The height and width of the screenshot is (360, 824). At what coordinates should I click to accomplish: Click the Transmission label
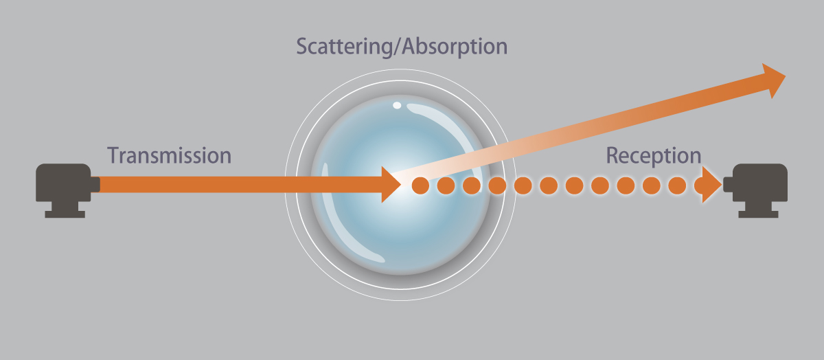tap(169, 155)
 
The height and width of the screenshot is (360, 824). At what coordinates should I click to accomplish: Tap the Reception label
tap(654, 157)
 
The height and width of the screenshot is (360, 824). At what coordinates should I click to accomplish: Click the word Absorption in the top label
tap(455, 47)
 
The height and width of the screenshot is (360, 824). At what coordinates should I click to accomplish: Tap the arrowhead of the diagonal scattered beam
tap(772, 80)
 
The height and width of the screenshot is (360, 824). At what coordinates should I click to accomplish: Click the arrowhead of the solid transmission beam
tap(391, 184)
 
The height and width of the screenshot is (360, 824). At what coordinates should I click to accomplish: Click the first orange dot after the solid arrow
tap(420, 185)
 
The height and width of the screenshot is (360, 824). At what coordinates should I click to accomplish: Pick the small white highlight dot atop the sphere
tap(397, 105)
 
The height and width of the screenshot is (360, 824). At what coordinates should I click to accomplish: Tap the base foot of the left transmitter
tap(65, 214)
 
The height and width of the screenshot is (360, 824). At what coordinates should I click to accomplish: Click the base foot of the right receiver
tap(759, 214)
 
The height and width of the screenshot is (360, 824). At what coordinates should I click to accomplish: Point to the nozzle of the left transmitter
tap(95, 184)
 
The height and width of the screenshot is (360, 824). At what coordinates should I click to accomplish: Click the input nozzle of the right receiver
tap(729, 184)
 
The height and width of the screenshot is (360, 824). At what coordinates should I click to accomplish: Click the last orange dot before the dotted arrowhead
tap(677, 185)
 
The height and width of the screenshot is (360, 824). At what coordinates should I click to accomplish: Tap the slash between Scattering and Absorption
tap(398, 47)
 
